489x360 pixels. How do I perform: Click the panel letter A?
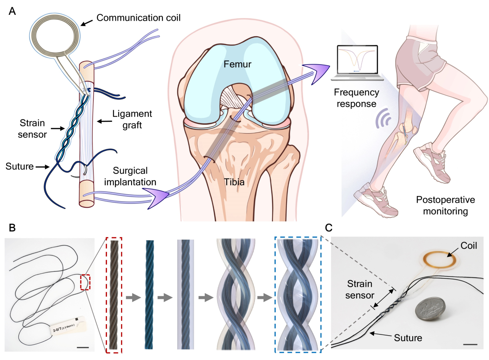coord(12,11)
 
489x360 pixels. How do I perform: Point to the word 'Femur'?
coord(238,64)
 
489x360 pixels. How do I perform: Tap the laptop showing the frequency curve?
coord(357,63)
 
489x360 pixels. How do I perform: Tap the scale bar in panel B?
coord(83,347)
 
